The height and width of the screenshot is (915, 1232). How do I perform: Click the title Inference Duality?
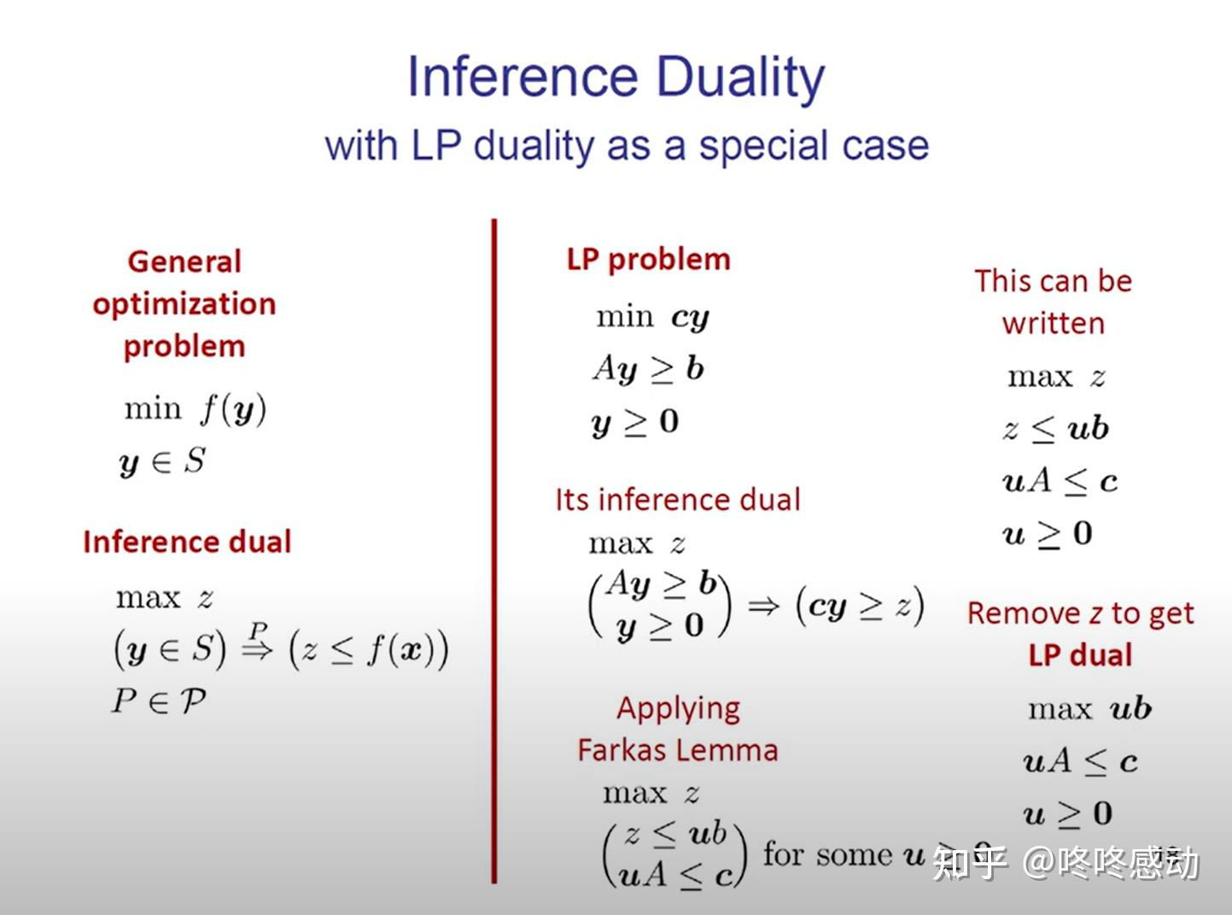(616, 77)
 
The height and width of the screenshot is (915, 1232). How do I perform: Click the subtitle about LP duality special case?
(627, 145)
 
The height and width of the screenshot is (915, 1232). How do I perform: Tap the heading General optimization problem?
(184, 303)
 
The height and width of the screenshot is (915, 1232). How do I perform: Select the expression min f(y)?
(195, 409)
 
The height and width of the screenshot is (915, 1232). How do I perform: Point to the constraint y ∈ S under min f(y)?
(162, 462)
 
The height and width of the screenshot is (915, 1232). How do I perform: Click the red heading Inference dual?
(187, 542)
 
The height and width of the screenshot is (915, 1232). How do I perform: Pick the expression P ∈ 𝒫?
(159, 701)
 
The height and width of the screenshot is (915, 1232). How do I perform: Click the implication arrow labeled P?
(258, 647)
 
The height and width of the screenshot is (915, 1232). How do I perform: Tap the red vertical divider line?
(493, 547)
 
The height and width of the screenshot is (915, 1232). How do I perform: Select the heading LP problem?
(648, 259)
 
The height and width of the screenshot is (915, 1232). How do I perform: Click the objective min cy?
(652, 318)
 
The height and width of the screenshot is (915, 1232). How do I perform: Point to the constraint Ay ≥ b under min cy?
(648, 369)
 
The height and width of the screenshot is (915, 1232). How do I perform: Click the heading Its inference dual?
(678, 499)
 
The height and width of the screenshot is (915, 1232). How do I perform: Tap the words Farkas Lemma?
(678, 750)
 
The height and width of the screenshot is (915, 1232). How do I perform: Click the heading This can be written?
(1053, 302)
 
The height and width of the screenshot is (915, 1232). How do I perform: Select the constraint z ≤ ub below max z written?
(1056, 429)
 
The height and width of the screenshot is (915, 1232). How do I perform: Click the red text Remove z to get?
(1080, 613)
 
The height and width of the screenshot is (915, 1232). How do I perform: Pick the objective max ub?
(1089, 709)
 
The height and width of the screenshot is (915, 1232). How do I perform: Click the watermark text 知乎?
(969, 863)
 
